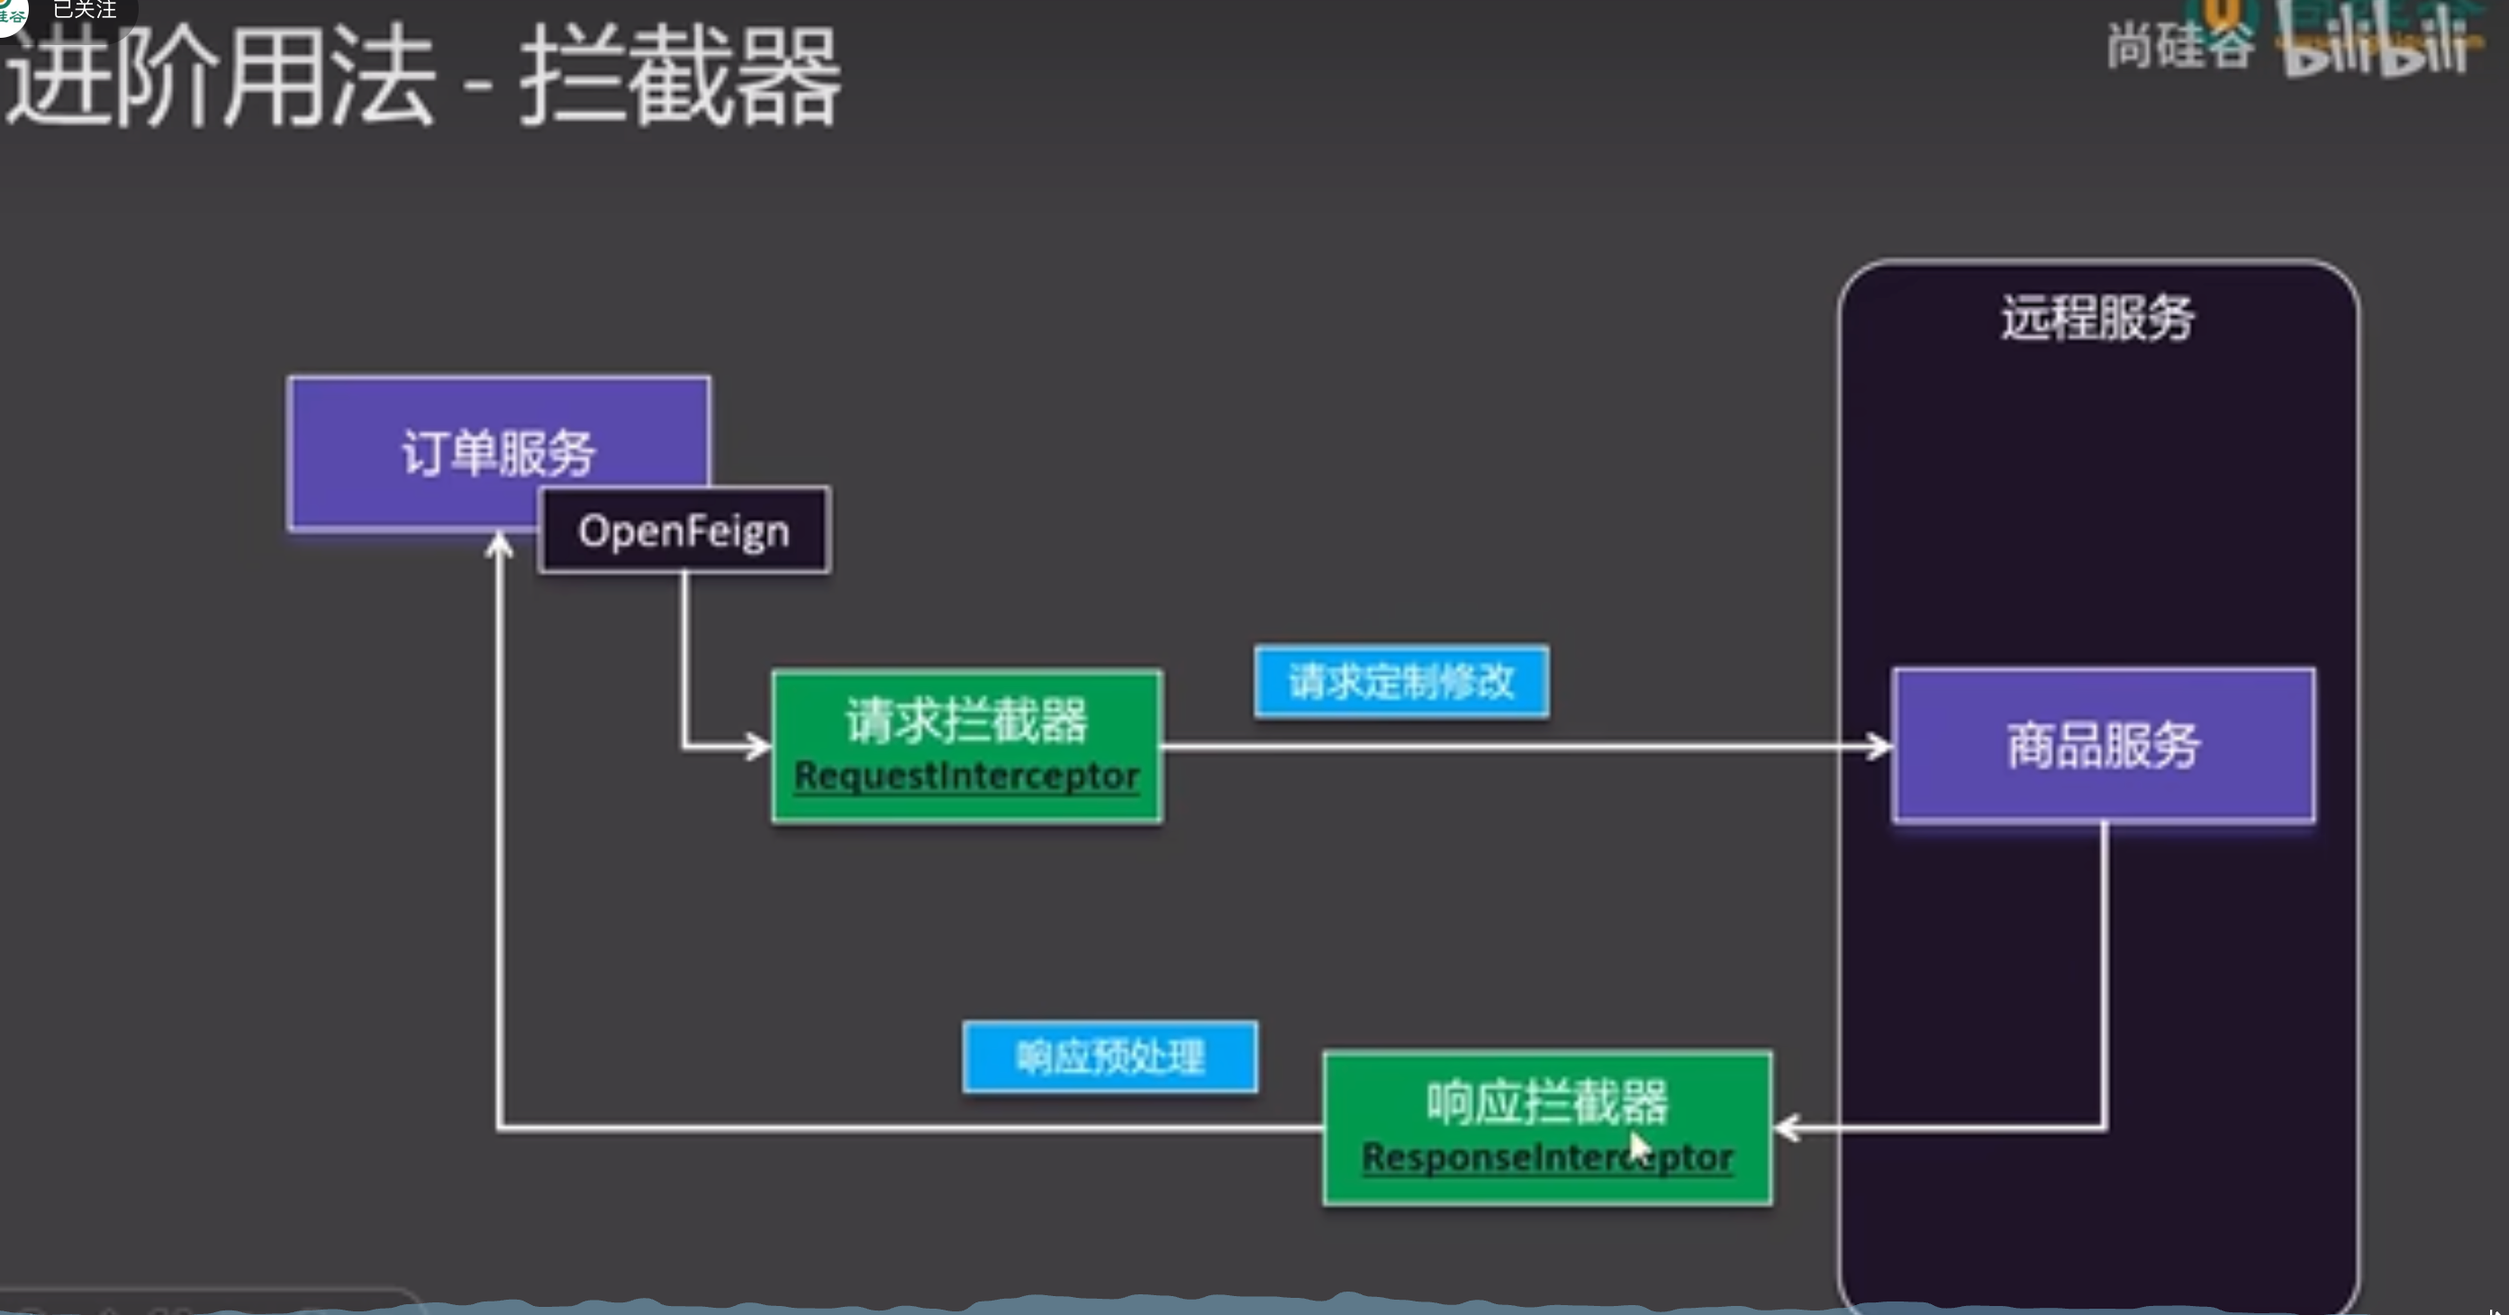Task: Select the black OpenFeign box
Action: (x=684, y=531)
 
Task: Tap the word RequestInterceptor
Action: (x=966, y=776)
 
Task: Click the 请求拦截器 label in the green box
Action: (x=966, y=721)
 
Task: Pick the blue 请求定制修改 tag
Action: (x=1401, y=681)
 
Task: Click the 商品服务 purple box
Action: (x=2103, y=745)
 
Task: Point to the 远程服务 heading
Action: (x=2098, y=318)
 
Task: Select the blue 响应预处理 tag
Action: (x=1110, y=1057)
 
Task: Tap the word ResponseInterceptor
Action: (x=1546, y=1157)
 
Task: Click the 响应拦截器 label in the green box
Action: (x=1546, y=1102)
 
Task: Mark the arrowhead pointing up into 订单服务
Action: (x=499, y=543)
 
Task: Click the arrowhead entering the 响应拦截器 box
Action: (x=1787, y=1128)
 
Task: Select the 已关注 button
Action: (x=85, y=10)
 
